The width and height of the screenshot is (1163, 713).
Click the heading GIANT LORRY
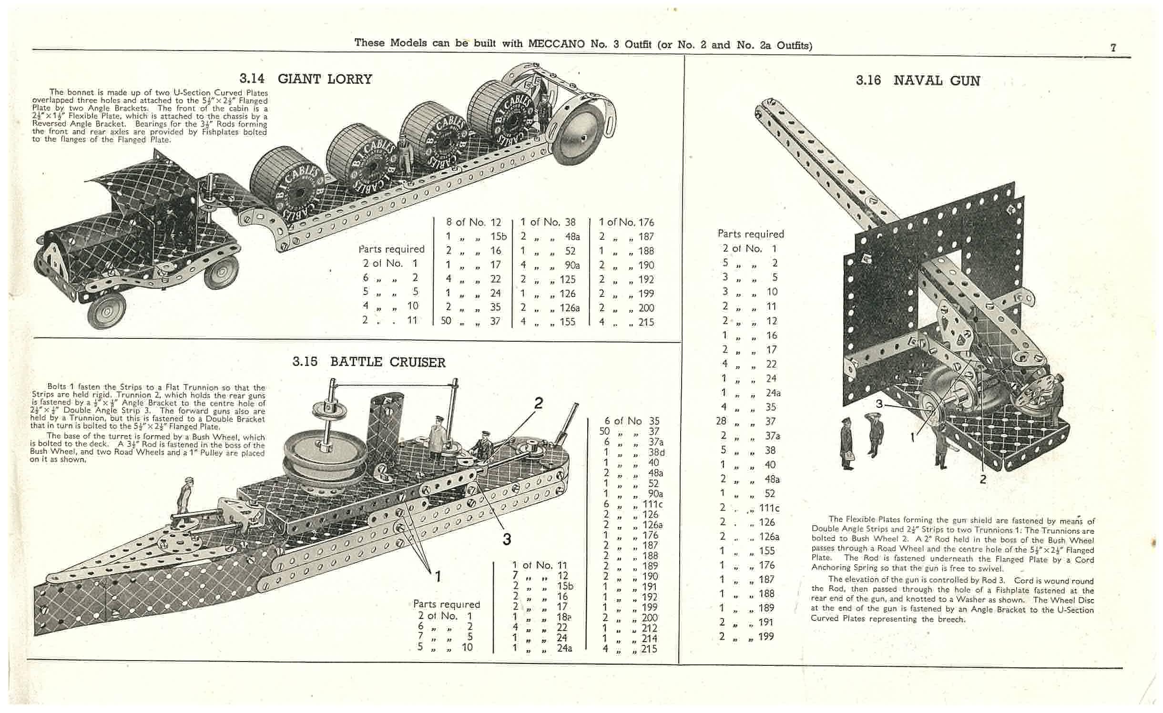[x=325, y=79]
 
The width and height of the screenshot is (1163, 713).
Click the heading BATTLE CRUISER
[x=388, y=362]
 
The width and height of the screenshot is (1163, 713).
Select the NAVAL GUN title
[x=937, y=81]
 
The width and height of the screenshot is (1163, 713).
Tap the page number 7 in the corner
[x=1113, y=48]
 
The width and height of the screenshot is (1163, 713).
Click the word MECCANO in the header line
[x=556, y=44]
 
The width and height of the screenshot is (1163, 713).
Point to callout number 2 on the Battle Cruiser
[x=538, y=403]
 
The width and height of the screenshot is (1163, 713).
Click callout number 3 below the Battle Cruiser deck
[x=507, y=539]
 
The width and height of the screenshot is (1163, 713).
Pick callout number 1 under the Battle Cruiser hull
[x=438, y=577]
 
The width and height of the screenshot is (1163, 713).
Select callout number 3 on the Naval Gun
[x=879, y=404]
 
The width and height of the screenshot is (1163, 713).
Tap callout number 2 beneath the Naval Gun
[x=982, y=479]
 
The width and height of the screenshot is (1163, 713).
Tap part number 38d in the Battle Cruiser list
[x=656, y=452]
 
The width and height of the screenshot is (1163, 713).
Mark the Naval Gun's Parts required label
[x=751, y=234]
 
